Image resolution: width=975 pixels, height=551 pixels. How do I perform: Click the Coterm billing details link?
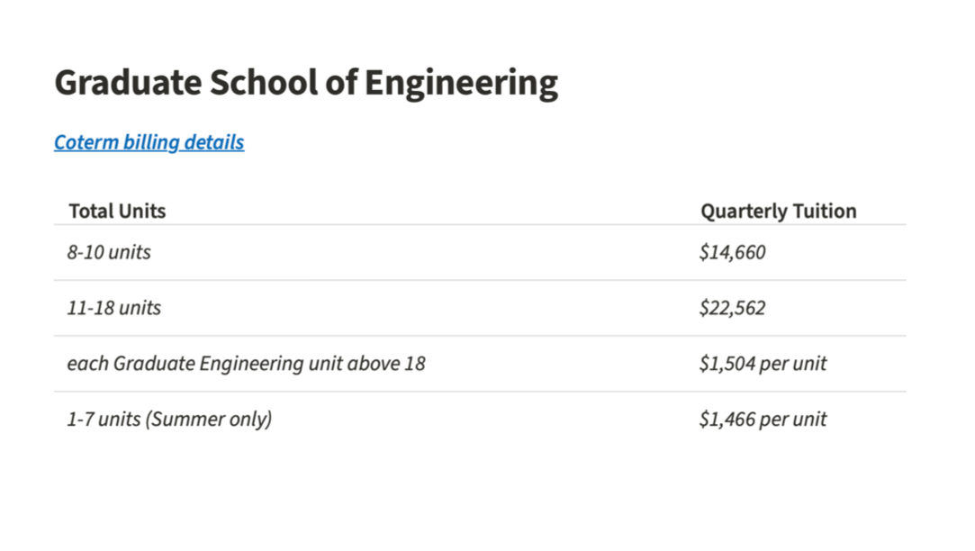click(x=149, y=142)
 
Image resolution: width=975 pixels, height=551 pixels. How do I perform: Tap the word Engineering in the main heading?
click(x=461, y=83)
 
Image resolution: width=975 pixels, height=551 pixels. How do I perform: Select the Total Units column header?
click(x=117, y=212)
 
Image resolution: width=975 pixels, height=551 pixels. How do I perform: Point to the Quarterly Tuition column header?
click(x=778, y=212)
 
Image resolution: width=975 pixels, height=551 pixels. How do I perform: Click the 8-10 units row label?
click(x=109, y=252)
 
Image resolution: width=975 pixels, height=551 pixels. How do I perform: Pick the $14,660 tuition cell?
click(x=732, y=252)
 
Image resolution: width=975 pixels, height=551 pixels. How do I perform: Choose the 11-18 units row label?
click(x=113, y=308)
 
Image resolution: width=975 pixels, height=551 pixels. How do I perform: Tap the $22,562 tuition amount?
click(x=732, y=308)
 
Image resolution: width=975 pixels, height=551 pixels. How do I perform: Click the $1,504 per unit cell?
click(x=763, y=364)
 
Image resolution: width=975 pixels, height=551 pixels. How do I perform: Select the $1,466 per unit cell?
click(x=763, y=420)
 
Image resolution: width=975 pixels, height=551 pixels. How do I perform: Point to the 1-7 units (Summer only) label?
click(x=169, y=420)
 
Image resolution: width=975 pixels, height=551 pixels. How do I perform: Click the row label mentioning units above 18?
click(x=246, y=364)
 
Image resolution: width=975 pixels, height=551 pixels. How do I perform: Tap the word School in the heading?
click(x=262, y=83)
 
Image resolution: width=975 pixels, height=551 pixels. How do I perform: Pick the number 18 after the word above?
click(x=414, y=364)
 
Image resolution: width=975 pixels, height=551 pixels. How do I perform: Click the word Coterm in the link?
click(x=82, y=142)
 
